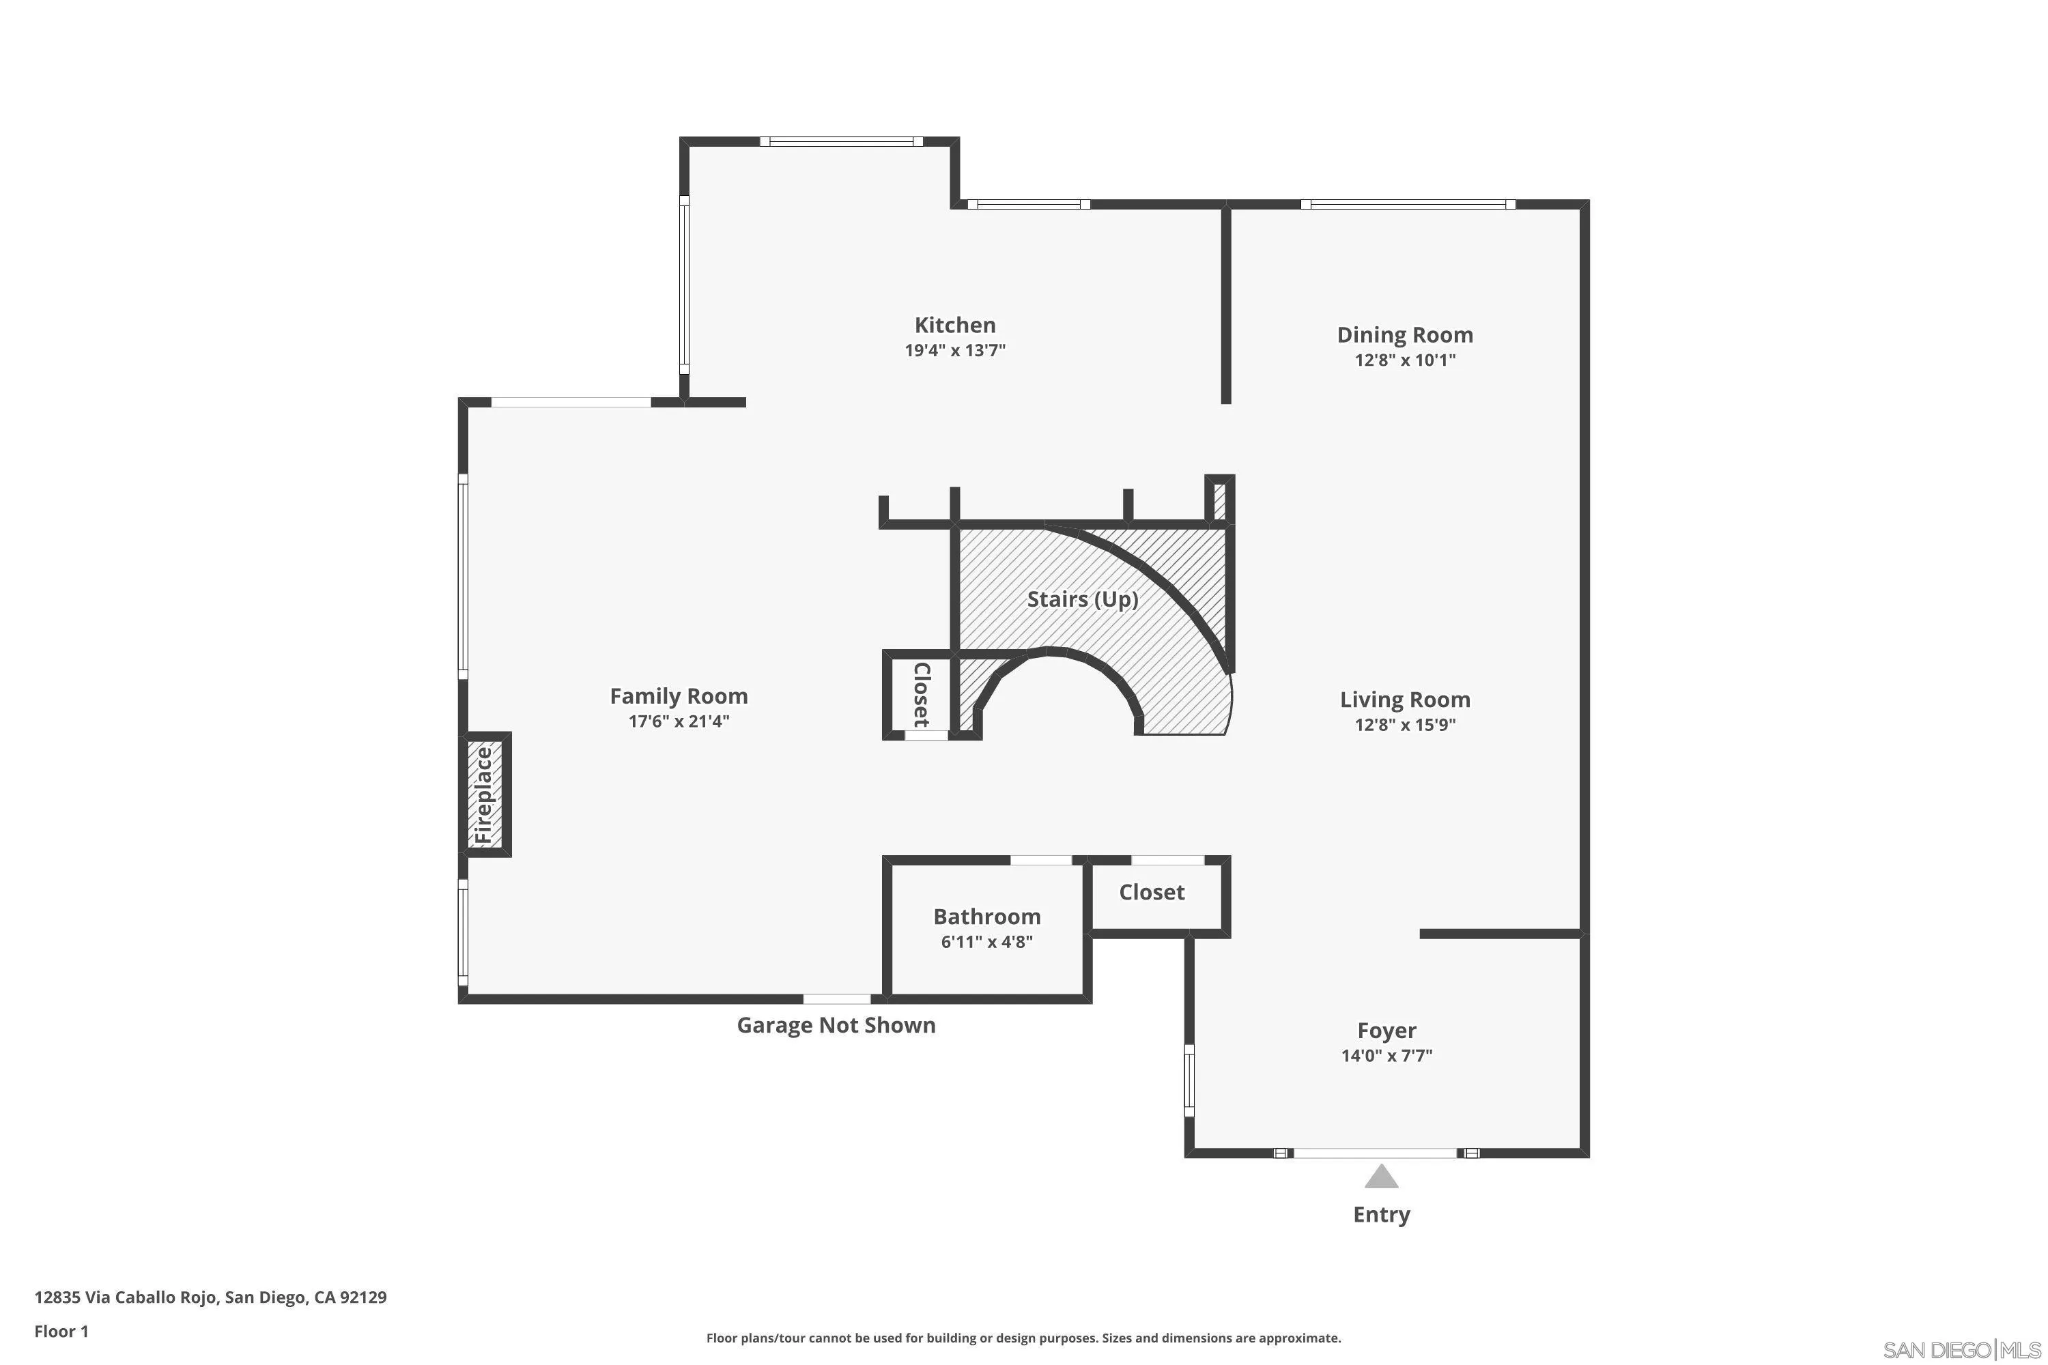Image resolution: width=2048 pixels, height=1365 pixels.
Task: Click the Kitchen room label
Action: (x=954, y=325)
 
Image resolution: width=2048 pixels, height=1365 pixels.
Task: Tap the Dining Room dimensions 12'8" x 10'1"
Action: (x=1404, y=360)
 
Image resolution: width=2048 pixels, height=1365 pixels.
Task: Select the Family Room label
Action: (x=679, y=695)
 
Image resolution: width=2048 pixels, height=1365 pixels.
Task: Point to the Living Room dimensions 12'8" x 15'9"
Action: (x=1404, y=724)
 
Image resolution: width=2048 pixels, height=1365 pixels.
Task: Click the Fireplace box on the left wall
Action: (x=485, y=794)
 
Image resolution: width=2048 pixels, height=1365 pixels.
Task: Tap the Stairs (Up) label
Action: (x=1082, y=599)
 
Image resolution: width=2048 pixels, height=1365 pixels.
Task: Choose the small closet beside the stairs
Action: (x=920, y=694)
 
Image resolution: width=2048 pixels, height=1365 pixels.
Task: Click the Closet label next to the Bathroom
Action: (x=1151, y=892)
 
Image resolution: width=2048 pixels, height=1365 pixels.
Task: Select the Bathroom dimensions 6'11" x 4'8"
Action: (x=986, y=941)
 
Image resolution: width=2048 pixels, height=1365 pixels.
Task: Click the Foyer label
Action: (x=1386, y=1031)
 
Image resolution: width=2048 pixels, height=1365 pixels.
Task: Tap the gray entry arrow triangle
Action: (x=1381, y=1177)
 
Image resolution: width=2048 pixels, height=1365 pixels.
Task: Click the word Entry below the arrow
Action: (x=1381, y=1214)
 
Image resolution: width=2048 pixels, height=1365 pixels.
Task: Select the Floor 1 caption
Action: (x=61, y=1331)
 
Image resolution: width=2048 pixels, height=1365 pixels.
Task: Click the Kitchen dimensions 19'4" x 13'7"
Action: (x=954, y=350)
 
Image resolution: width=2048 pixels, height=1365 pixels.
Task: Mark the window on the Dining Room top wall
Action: (x=1407, y=205)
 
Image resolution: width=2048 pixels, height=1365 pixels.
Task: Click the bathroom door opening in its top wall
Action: (x=1040, y=860)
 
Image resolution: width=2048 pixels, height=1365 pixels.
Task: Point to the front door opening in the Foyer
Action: (x=1375, y=1153)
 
